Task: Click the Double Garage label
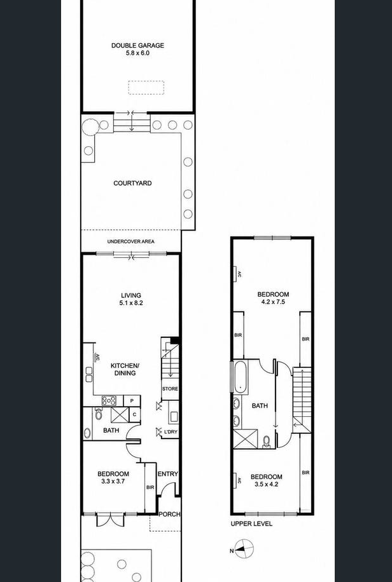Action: point(137,49)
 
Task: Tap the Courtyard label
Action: point(132,183)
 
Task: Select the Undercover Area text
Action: point(131,241)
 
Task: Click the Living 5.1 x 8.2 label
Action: point(131,299)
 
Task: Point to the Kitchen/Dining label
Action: point(125,369)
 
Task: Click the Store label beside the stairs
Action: point(170,389)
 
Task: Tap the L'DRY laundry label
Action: point(171,431)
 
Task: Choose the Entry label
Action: point(168,474)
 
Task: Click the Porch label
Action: point(170,514)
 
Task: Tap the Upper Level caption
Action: point(251,524)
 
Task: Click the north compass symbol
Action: point(244,549)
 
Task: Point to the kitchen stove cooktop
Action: point(109,400)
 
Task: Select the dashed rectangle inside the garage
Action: point(146,88)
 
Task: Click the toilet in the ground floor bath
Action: point(99,414)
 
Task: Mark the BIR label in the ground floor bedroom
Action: point(150,487)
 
